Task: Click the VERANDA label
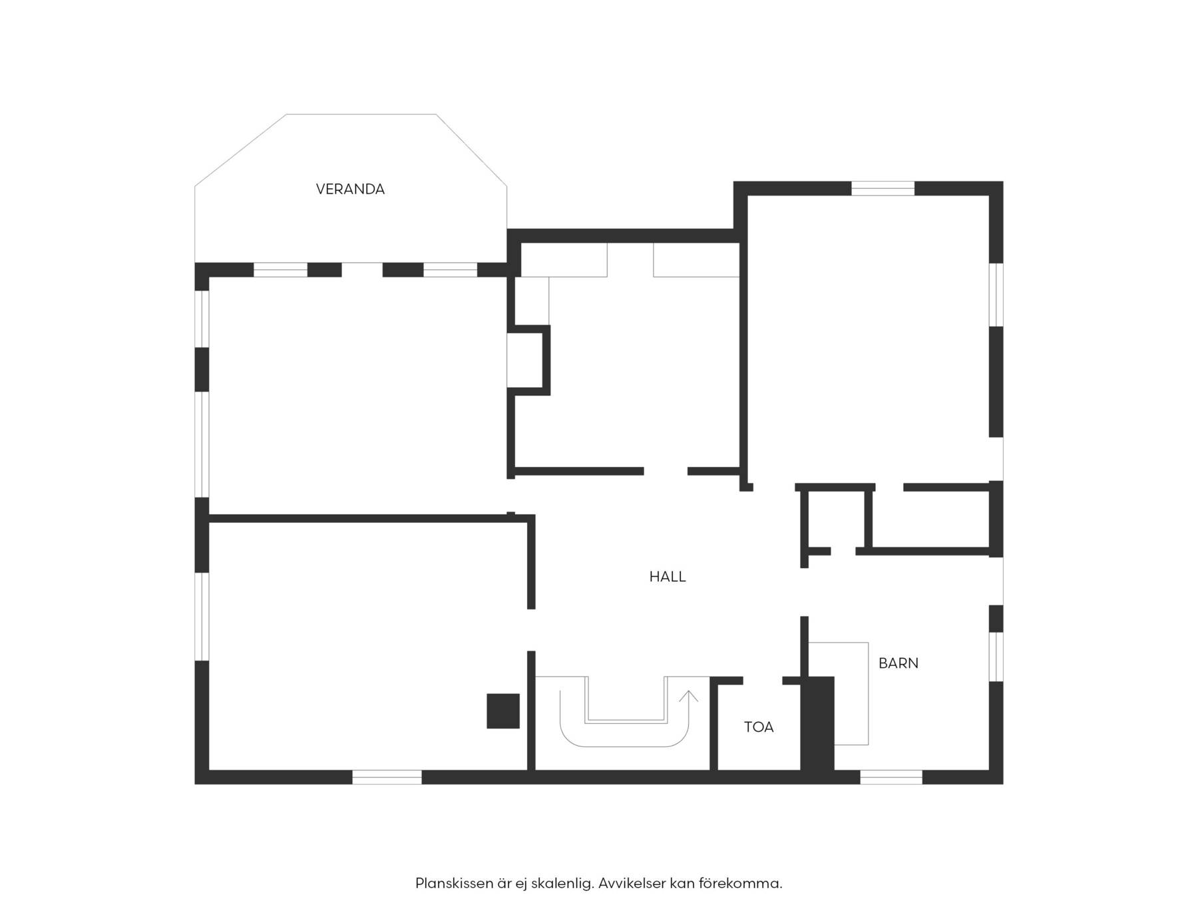pos(350,190)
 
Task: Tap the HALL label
pos(668,577)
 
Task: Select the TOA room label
pos(759,727)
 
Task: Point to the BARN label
pos(898,663)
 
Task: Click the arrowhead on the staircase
pos(689,696)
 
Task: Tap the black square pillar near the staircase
pos(503,710)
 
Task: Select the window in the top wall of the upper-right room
pos(883,188)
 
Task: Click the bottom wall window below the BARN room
pos(891,777)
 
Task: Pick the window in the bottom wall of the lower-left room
pos(387,777)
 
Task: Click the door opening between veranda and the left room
pos(362,270)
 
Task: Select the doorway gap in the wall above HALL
pos(666,472)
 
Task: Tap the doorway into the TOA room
pos(763,680)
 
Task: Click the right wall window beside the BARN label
pos(996,657)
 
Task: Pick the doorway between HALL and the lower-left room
pos(531,630)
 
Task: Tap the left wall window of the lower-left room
pos(202,617)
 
